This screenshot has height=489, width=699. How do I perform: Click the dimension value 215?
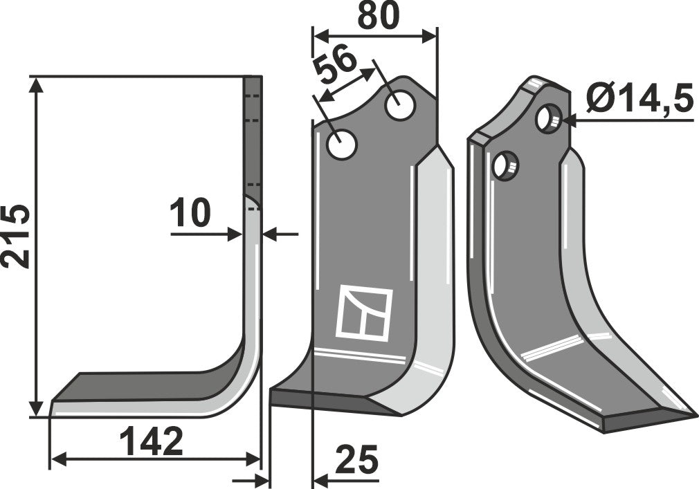(x=16, y=236)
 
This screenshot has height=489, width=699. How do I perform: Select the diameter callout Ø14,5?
(x=639, y=100)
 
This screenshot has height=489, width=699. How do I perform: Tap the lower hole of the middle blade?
(x=342, y=145)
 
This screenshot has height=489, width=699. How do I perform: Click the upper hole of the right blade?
(x=549, y=120)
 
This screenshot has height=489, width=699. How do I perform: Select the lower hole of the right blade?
(x=505, y=166)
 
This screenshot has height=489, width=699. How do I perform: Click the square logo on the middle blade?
(x=364, y=312)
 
